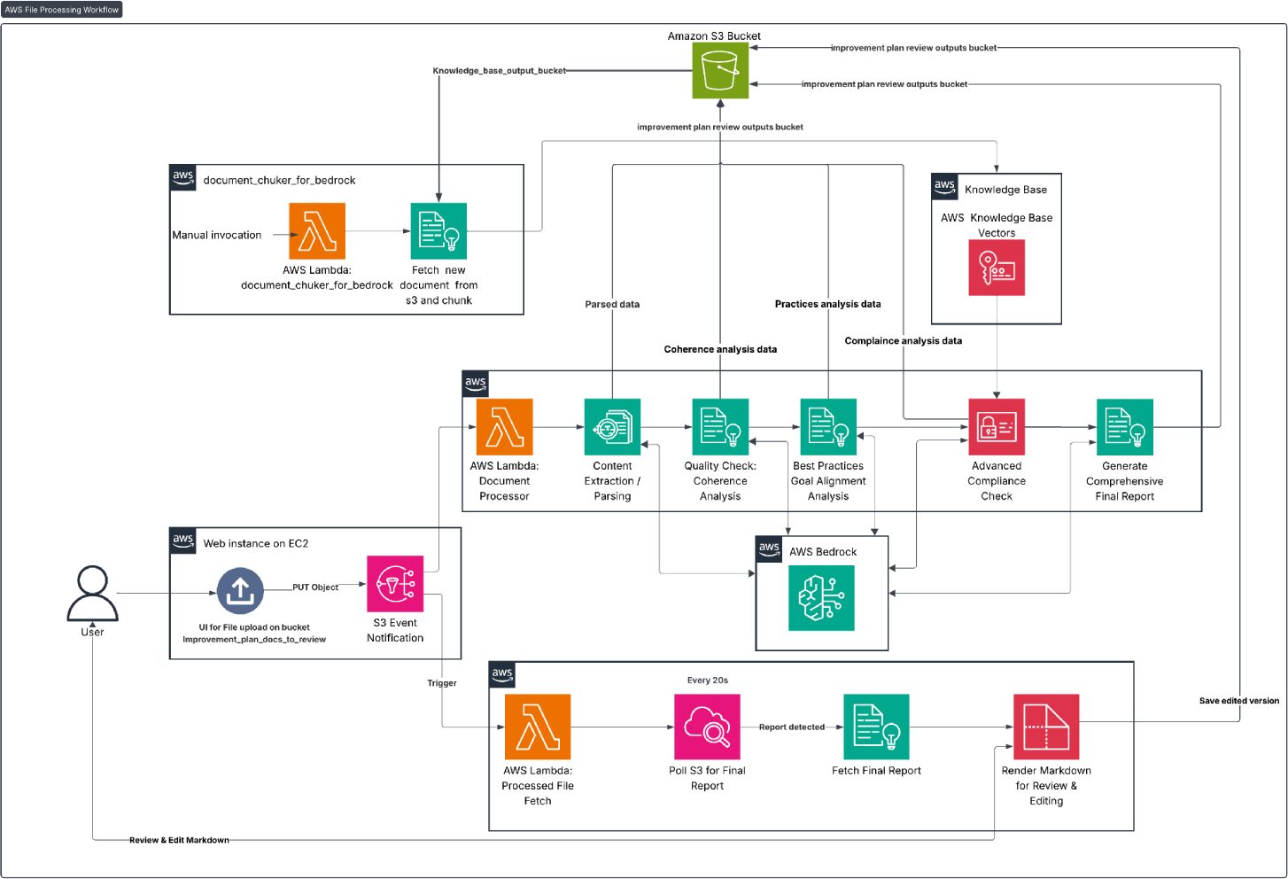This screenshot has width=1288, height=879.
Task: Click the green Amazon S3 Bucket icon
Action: pyautogui.click(x=720, y=70)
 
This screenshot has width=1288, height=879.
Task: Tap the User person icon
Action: pyautogui.click(x=93, y=593)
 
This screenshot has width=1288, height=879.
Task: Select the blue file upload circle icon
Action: pyautogui.click(x=240, y=591)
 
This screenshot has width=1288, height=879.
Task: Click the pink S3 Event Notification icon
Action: pyautogui.click(x=395, y=583)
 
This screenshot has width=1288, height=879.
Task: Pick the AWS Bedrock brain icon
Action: pyautogui.click(x=821, y=598)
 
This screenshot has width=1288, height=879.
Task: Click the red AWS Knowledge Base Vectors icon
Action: pyautogui.click(x=997, y=268)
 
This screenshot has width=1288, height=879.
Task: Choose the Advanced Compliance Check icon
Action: pyautogui.click(x=997, y=427)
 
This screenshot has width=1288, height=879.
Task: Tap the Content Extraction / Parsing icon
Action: pyautogui.click(x=612, y=427)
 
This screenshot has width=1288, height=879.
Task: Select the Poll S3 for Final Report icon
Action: pyautogui.click(x=707, y=727)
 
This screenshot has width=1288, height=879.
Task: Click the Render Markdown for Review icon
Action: pyautogui.click(x=1046, y=727)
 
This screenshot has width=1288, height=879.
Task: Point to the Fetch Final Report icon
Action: pyautogui.click(x=876, y=727)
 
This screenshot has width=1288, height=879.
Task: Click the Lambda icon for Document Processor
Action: pyautogui.click(x=504, y=427)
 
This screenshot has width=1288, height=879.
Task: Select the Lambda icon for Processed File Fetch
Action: pyautogui.click(x=538, y=727)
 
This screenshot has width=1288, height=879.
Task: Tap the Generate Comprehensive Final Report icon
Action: pyautogui.click(x=1125, y=427)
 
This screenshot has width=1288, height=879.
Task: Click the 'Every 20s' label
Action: pyautogui.click(x=707, y=680)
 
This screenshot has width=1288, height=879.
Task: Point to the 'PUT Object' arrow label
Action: pyautogui.click(x=315, y=587)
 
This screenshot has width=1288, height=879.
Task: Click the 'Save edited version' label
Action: pyautogui.click(x=1239, y=701)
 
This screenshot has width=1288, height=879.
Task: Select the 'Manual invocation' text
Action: pyautogui.click(x=217, y=235)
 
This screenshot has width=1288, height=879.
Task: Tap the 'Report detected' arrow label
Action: pyautogui.click(x=792, y=727)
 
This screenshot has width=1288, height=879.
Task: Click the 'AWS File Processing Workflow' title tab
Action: pyautogui.click(x=61, y=10)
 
